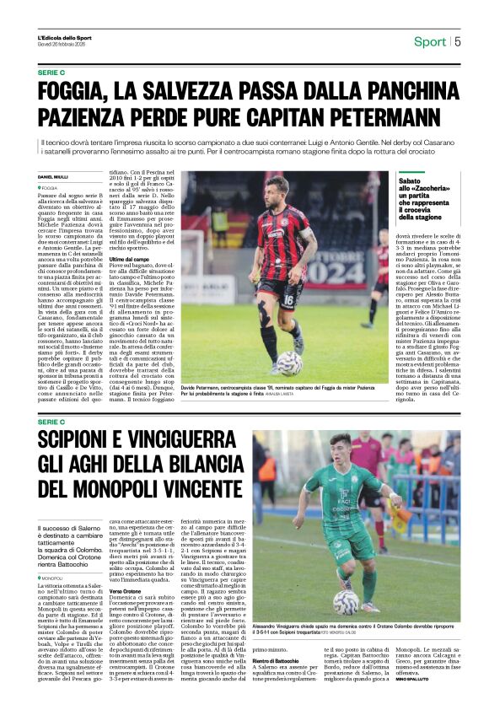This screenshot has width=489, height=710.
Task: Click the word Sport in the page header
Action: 430,42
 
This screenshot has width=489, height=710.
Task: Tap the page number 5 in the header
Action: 458,42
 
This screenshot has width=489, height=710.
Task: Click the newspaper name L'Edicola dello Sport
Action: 62,39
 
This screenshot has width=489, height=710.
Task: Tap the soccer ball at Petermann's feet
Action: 288,363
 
